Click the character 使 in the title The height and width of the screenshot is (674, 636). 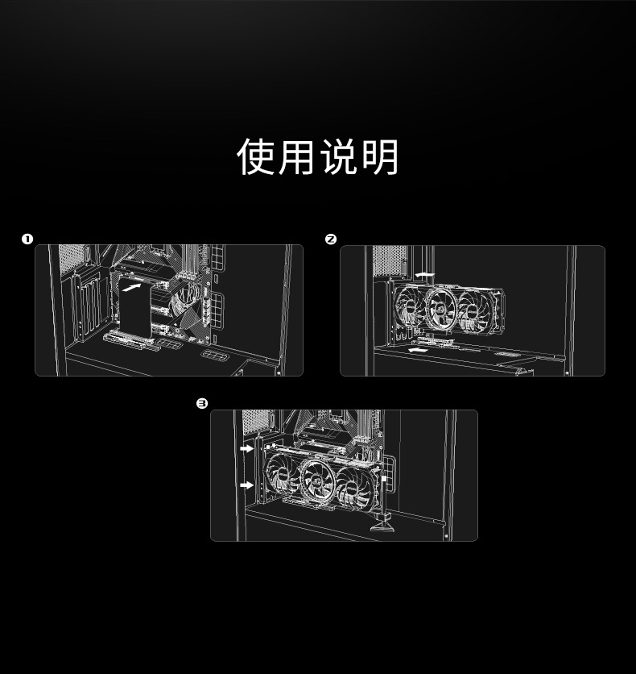(257, 156)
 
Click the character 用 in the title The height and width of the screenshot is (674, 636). (297, 156)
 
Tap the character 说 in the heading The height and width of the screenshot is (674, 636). (339, 156)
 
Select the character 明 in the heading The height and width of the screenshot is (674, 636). (380, 156)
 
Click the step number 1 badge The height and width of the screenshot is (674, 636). (27, 239)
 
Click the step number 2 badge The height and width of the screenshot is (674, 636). (330, 239)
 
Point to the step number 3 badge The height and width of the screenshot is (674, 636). (202, 403)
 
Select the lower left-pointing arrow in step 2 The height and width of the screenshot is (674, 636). (416, 351)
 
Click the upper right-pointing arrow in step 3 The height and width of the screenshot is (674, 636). (246, 447)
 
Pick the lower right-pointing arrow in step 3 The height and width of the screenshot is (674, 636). (246, 485)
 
